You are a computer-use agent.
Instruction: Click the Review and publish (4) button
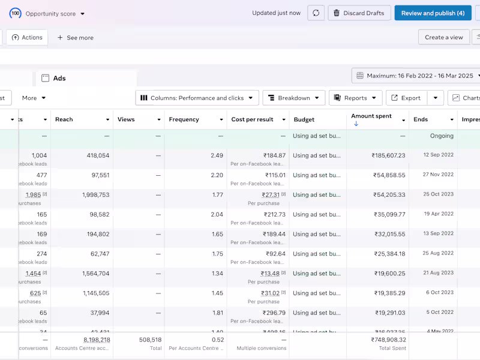tap(433, 13)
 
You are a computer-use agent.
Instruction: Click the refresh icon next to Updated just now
tap(316, 13)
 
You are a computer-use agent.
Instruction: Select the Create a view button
tap(443, 37)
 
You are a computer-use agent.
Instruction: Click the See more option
tap(75, 38)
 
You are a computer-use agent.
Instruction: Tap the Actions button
tap(27, 37)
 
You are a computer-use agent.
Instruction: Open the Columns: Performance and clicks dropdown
tap(197, 98)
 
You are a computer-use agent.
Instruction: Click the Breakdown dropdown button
tap(293, 98)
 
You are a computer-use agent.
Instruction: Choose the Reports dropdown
tap(355, 98)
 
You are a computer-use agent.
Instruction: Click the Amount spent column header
tap(371, 116)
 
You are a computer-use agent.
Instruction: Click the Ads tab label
tap(59, 79)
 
